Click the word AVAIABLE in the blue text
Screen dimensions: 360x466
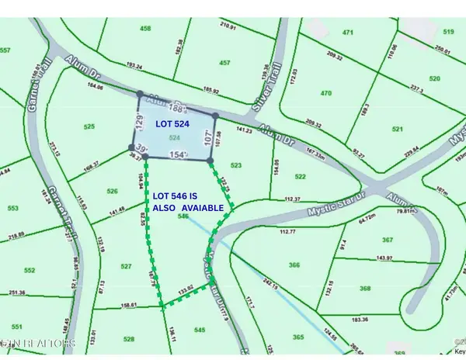pyautogui.click(x=203, y=209)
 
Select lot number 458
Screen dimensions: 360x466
pyautogui.click(x=145, y=29)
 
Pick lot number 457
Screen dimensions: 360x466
pyautogui.click(x=224, y=62)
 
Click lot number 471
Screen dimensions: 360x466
pyautogui.click(x=347, y=33)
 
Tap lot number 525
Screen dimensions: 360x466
pyautogui.click(x=89, y=126)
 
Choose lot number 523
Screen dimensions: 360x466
pyautogui.click(x=236, y=164)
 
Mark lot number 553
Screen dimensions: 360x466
pyautogui.click(x=12, y=209)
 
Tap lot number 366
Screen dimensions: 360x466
pyautogui.click(x=294, y=265)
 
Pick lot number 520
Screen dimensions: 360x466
pyautogui.click(x=434, y=78)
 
